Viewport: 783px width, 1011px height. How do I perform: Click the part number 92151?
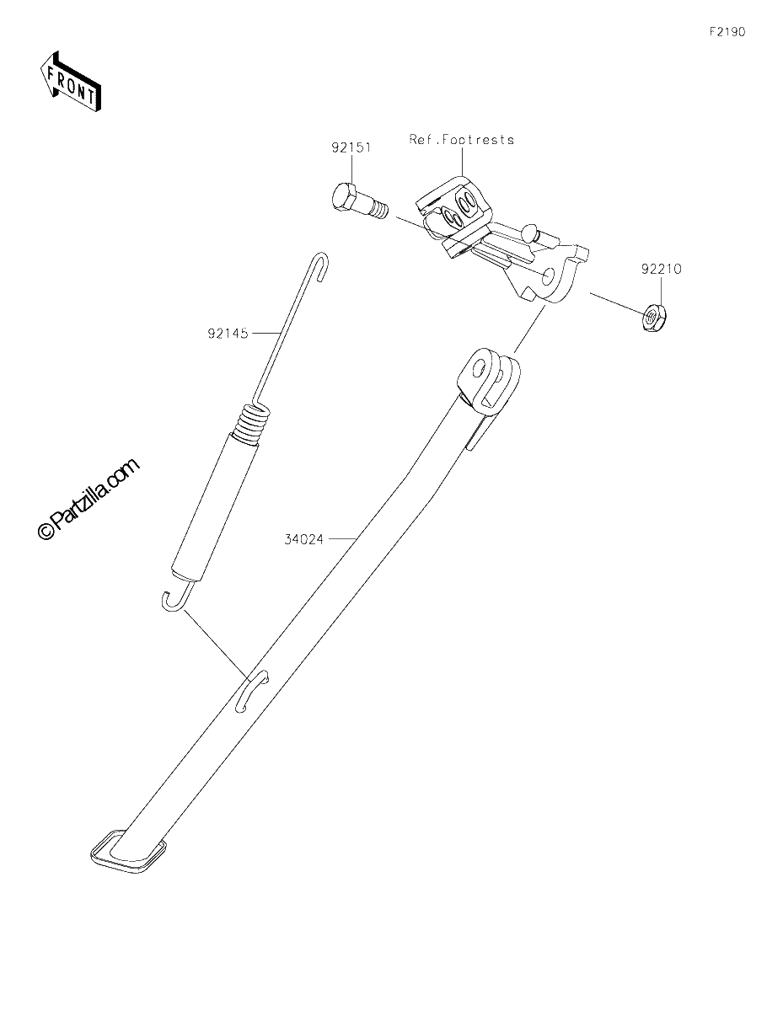tap(351, 148)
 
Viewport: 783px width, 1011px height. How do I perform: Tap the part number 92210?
tap(661, 269)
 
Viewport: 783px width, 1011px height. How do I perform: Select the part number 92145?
tap(228, 334)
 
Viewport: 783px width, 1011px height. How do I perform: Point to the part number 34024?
tap(303, 539)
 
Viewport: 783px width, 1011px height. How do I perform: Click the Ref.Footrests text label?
tap(462, 140)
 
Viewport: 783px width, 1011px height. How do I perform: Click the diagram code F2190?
tap(727, 32)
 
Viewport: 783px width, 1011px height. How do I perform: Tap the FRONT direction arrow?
tap(69, 82)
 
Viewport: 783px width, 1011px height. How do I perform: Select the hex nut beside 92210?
tap(654, 318)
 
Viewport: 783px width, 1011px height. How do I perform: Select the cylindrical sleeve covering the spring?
tap(215, 507)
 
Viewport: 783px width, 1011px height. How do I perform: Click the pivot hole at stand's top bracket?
tap(478, 371)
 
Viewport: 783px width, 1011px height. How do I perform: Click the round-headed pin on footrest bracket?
tap(529, 230)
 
